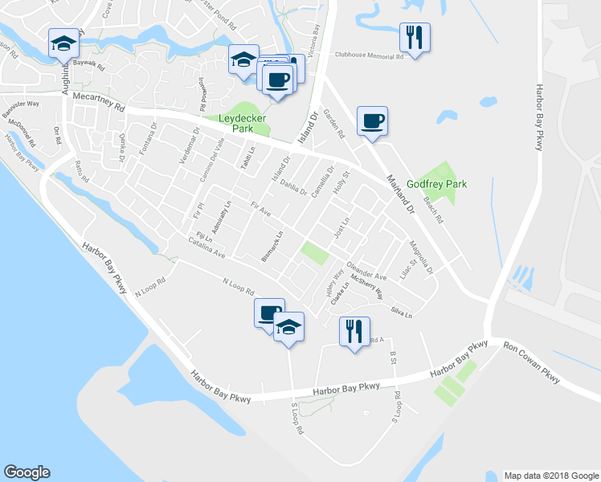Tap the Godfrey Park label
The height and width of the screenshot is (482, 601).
coord(436,184)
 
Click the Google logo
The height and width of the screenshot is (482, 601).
coord(27,472)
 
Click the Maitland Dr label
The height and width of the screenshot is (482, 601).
coord(399,194)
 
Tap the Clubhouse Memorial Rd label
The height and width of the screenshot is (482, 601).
coord(369,56)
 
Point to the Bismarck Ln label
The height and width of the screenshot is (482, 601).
coord(272,247)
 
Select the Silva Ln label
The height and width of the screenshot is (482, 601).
coord(401,312)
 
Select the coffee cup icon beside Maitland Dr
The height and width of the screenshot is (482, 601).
coord(372,120)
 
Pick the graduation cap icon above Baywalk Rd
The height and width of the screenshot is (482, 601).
coord(63,44)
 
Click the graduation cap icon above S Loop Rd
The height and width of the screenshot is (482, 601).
coord(289,326)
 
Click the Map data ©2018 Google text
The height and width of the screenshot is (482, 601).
coord(550,476)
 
